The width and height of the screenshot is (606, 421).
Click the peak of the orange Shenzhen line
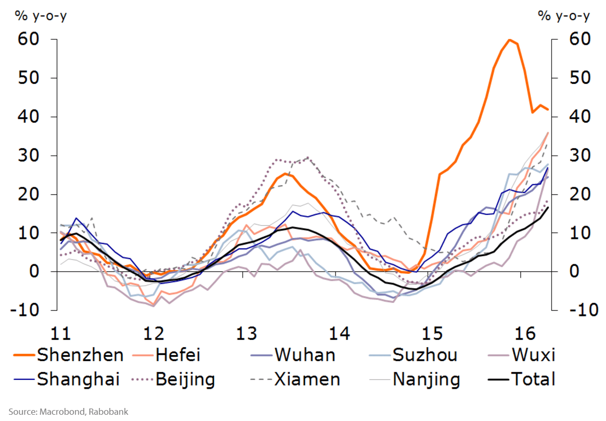click(x=509, y=40)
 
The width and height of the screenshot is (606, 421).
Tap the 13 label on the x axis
click(x=246, y=333)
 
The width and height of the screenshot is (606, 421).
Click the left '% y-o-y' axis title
click(x=41, y=16)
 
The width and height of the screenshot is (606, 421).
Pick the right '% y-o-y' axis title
click(x=564, y=16)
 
